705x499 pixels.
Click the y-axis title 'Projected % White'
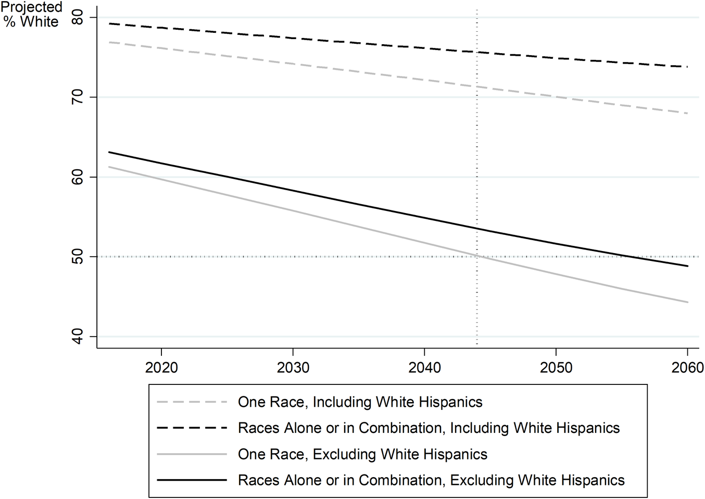(31, 14)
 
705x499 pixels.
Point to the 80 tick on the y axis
(77, 18)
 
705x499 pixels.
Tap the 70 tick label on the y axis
(77, 97)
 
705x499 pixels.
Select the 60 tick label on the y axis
(77, 177)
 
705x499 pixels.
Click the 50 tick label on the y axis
(77, 257)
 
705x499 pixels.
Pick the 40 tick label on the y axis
(77, 336)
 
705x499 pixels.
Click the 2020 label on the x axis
(161, 368)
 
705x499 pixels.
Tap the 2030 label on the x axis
(293, 368)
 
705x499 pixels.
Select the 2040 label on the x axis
(425, 368)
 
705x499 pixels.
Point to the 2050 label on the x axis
(556, 368)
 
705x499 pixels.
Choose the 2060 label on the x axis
(688, 368)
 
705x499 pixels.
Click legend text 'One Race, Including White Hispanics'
(360, 402)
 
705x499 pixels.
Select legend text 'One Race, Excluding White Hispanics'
(362, 454)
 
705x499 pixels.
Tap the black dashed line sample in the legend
(192, 428)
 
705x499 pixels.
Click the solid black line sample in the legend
(192, 480)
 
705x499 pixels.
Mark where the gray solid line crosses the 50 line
(477, 256)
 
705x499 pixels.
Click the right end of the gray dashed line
(687, 113)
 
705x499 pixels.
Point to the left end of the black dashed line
(109, 23)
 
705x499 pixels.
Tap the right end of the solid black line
(687, 266)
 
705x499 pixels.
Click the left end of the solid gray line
(109, 167)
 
